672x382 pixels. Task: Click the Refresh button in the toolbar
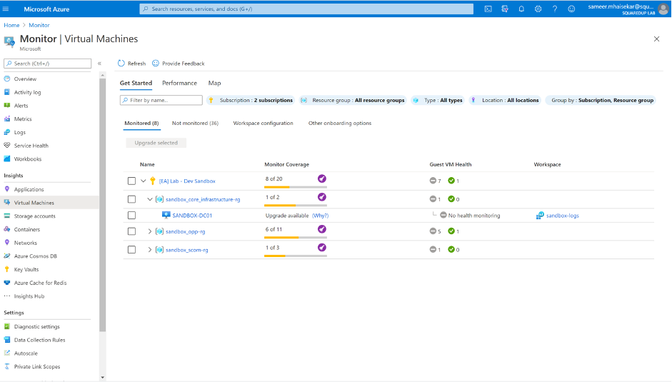pos(131,64)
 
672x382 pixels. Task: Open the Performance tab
pos(179,84)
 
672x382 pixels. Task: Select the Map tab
pos(214,84)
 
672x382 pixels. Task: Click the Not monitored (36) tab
pos(195,124)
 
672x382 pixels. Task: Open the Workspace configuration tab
pos(263,124)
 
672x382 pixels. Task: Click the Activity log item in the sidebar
pos(27,92)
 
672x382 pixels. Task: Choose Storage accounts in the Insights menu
pos(34,216)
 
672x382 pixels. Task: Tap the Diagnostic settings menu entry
pos(36,326)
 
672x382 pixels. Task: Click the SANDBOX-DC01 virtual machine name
pos(192,216)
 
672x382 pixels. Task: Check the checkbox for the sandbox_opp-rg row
pos(131,231)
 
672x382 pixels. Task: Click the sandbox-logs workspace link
pos(562,216)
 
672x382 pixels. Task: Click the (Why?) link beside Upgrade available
pos(320,216)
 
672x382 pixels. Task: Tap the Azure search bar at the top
pos(306,9)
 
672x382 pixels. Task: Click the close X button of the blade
pos(656,39)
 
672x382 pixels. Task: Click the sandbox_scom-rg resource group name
pos(186,250)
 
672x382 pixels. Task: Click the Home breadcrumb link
pos(11,25)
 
